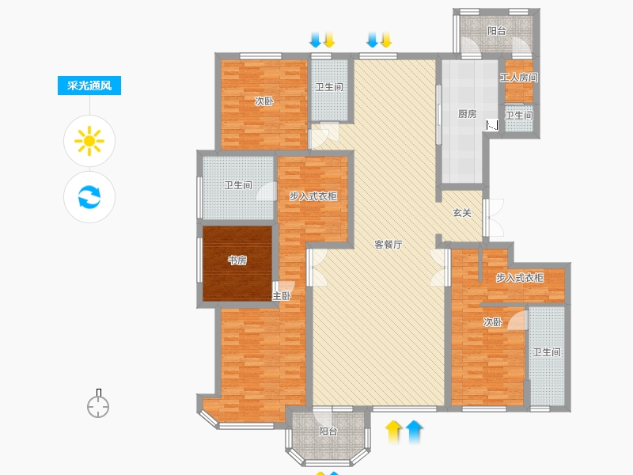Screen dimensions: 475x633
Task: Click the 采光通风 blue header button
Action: tap(89, 86)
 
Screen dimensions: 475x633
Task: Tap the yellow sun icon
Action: tap(89, 142)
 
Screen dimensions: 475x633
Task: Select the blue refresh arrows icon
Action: tap(89, 197)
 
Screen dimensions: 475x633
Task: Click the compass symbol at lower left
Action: tap(98, 406)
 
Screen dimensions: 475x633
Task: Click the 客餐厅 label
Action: tap(388, 244)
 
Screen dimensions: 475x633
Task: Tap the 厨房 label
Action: tap(468, 113)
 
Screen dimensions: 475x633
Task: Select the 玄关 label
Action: tap(462, 213)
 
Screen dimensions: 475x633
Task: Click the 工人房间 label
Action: tap(519, 78)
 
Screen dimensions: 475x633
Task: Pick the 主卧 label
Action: tap(282, 296)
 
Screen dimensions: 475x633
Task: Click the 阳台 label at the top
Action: tap(496, 31)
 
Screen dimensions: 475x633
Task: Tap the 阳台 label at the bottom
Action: tap(328, 431)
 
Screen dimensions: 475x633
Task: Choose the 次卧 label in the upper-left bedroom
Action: tap(264, 101)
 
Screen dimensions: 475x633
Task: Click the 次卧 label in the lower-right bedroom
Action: tap(493, 322)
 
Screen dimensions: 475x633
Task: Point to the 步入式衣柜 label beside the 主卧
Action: tap(313, 196)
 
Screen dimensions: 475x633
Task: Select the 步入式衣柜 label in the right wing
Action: tap(520, 277)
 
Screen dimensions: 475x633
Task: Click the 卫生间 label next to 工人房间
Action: tap(519, 116)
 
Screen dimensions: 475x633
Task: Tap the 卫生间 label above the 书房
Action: tap(238, 185)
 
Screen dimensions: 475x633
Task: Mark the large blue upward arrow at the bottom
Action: tap(415, 431)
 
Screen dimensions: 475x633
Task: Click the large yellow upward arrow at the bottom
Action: tap(394, 431)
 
